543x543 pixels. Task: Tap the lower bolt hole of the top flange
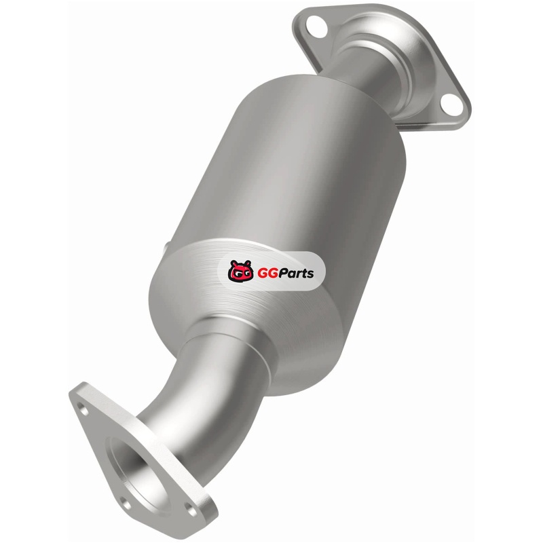click(451, 105)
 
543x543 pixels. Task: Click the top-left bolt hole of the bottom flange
click(82, 409)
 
